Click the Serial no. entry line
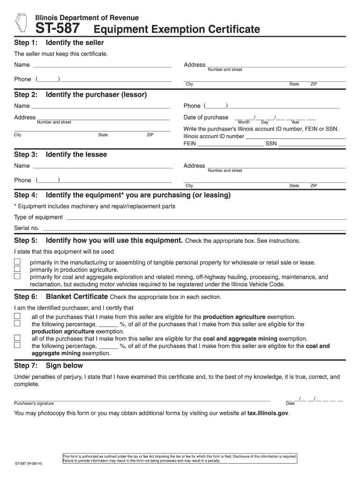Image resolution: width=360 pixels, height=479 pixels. [194, 228]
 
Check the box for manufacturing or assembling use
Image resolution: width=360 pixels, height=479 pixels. [17, 261]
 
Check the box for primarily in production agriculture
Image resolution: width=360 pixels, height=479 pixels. [17, 269]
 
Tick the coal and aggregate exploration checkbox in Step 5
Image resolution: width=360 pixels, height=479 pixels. [17, 276]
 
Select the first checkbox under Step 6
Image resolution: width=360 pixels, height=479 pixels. [17, 316]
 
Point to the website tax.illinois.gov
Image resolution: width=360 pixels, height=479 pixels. [268, 414]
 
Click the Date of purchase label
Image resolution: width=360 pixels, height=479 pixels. [206, 117]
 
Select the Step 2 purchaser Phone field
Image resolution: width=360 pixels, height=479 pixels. [283, 106]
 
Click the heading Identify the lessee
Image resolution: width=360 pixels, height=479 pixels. [76, 154]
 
